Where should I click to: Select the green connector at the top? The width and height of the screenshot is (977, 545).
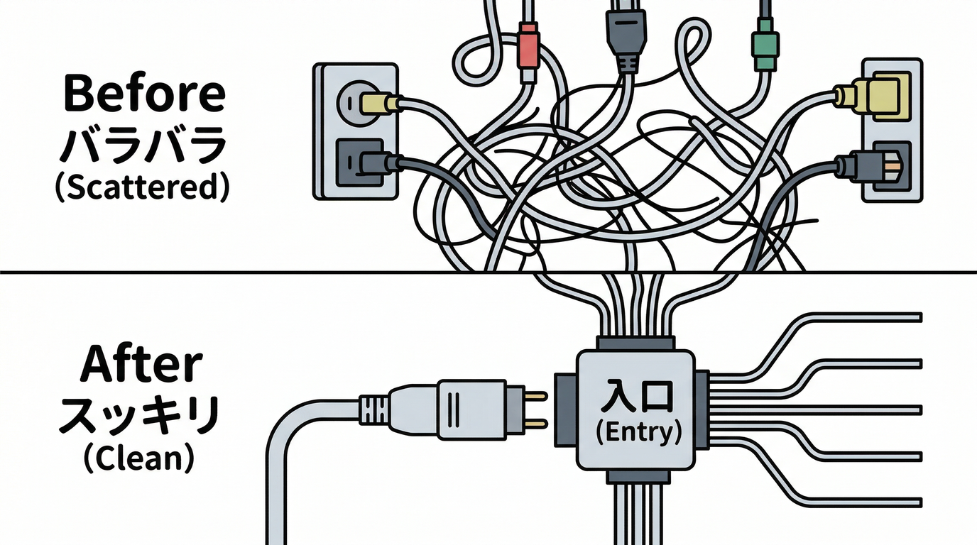pos(764,47)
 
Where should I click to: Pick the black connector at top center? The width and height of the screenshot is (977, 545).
pos(626,35)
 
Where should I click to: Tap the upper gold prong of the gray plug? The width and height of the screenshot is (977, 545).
pos(535,395)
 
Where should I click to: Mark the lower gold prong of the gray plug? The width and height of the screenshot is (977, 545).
pos(535,424)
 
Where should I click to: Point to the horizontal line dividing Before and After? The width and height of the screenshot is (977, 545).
pos(213,272)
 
